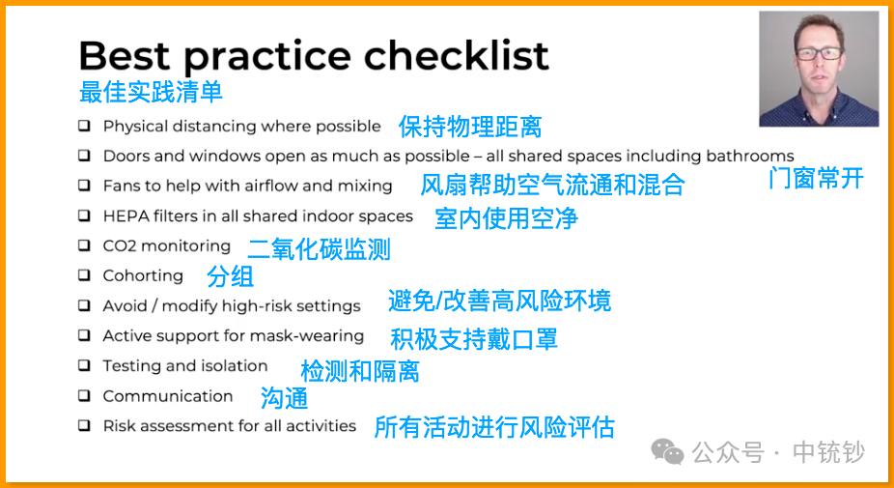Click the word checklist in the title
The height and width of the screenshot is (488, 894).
pyautogui.click(x=456, y=55)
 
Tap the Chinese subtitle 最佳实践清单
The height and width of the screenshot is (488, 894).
pyautogui.click(x=151, y=92)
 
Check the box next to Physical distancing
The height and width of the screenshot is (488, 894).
pyautogui.click(x=84, y=125)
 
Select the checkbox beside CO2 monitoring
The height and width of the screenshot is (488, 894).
pyautogui.click(x=84, y=245)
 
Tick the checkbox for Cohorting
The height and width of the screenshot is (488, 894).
pyautogui.click(x=84, y=275)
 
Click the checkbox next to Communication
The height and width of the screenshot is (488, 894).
pyautogui.click(x=84, y=395)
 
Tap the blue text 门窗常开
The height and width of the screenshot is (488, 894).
pyautogui.click(x=816, y=179)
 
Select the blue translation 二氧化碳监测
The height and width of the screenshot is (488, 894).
pyautogui.click(x=320, y=249)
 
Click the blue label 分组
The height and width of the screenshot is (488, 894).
pyautogui.click(x=231, y=276)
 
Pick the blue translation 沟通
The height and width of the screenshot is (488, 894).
pyautogui.click(x=284, y=398)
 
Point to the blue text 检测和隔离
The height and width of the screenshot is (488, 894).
pyautogui.click(x=360, y=371)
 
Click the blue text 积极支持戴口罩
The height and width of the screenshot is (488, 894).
pyautogui.click(x=474, y=339)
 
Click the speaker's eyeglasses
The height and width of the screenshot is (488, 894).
pyautogui.click(x=820, y=54)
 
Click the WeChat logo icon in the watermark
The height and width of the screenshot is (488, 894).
pyautogui.click(x=668, y=451)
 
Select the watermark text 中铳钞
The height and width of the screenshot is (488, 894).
pyautogui.click(x=828, y=452)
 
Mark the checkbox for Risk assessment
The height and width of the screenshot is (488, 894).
pyautogui.click(x=84, y=425)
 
